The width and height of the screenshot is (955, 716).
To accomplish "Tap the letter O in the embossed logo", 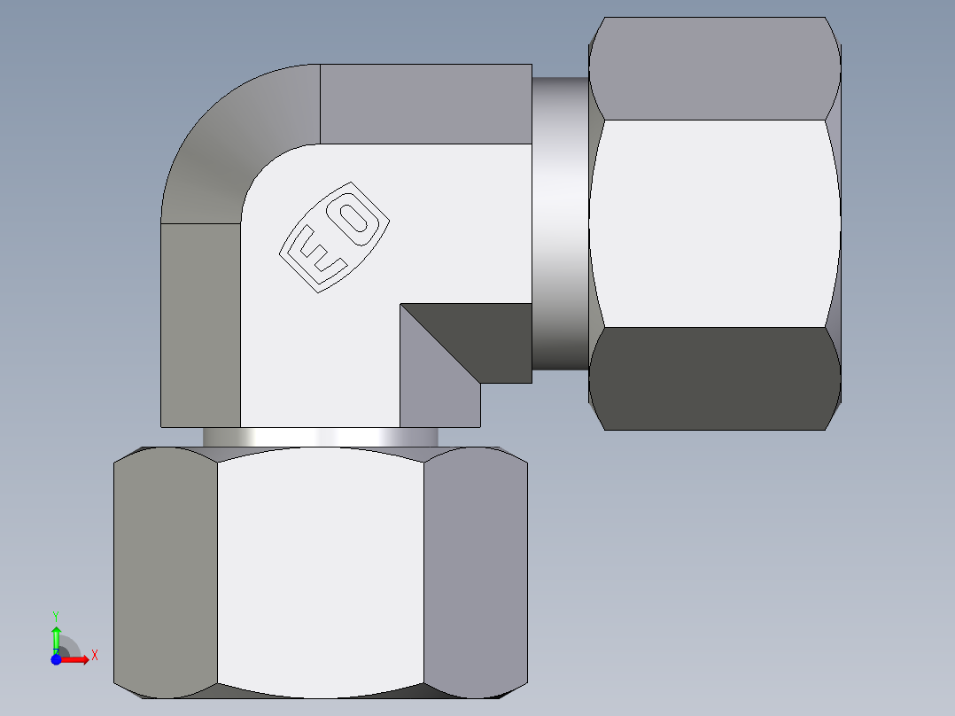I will pyautogui.click(x=356, y=220).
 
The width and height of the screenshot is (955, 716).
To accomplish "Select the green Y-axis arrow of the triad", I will pyautogui.click(x=56, y=636).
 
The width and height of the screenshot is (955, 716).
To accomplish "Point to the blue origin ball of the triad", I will pyautogui.click(x=56, y=659).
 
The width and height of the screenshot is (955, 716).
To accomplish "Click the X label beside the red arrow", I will pyautogui.click(x=95, y=655).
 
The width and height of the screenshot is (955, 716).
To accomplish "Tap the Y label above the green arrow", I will pyautogui.click(x=56, y=615).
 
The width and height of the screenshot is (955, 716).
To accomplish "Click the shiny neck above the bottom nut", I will pyautogui.click(x=319, y=438).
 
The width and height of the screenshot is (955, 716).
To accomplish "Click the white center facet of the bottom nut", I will pyautogui.click(x=320, y=572).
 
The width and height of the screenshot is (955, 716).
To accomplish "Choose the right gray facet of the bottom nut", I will pyautogui.click(x=475, y=572).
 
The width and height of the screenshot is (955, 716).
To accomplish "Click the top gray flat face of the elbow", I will pyautogui.click(x=425, y=104).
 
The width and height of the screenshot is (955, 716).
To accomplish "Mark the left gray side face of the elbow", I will pyautogui.click(x=200, y=323).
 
